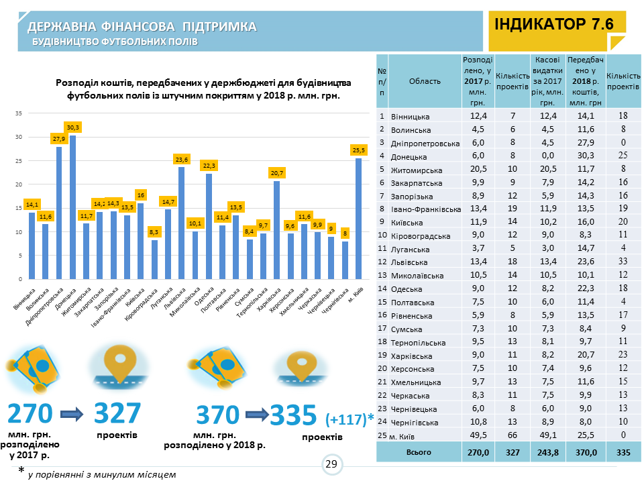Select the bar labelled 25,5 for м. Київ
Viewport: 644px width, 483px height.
coord(358,218)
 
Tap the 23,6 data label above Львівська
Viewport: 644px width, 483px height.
coord(181,160)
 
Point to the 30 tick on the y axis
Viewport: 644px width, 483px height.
coord(19,137)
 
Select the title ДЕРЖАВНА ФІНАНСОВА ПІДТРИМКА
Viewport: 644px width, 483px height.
coord(142,27)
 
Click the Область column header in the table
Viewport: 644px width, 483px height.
coord(425,81)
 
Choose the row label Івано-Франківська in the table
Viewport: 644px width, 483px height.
coord(425,210)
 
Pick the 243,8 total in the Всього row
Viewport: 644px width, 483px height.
coord(547,453)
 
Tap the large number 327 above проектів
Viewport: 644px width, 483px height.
coord(117,415)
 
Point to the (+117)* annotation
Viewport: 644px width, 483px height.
coord(350,420)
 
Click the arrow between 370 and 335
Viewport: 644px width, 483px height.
coord(254,415)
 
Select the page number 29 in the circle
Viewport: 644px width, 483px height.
coord(331,464)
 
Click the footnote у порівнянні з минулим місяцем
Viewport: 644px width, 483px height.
coord(102,474)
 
